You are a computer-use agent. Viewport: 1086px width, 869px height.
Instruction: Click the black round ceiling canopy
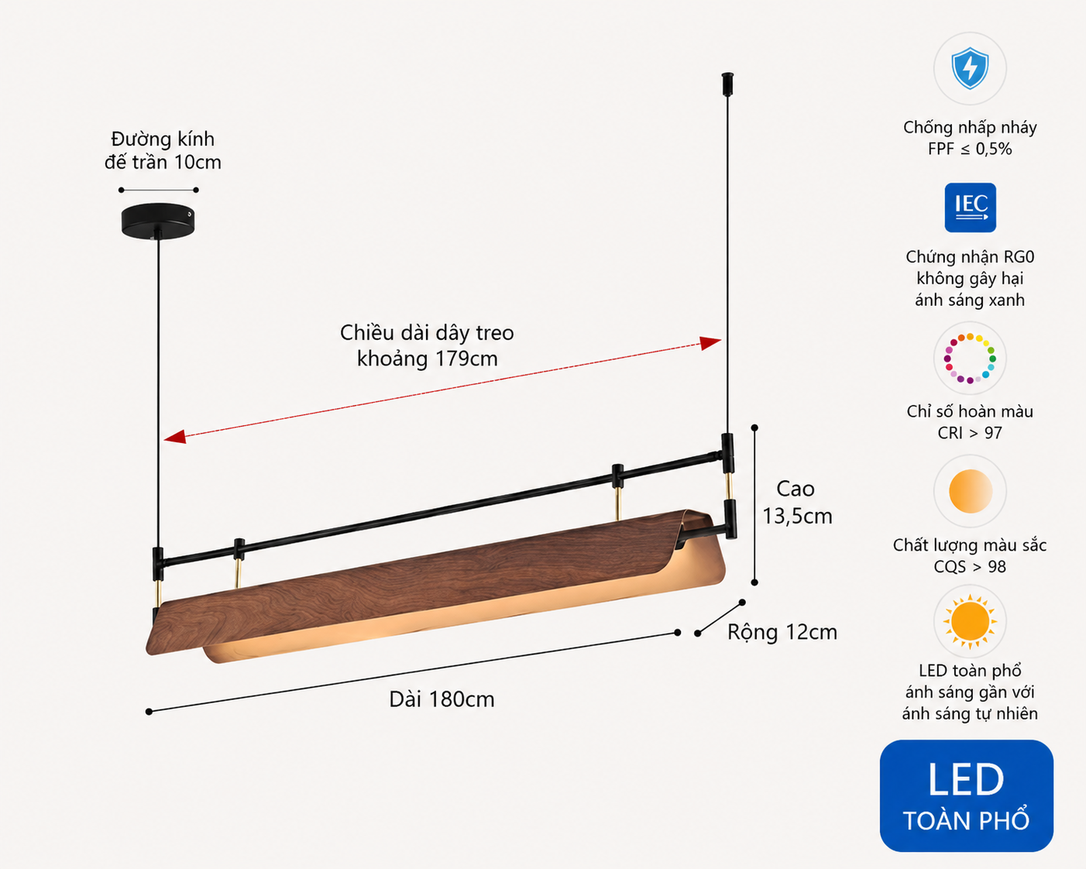[x=158, y=221]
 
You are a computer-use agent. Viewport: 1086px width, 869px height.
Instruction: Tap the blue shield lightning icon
[x=970, y=68]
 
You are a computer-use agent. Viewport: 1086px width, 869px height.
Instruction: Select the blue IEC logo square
[x=970, y=208]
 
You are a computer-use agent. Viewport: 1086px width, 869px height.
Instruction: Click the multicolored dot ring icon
[x=970, y=359]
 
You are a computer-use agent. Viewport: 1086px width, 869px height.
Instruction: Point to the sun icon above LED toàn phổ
[x=970, y=621]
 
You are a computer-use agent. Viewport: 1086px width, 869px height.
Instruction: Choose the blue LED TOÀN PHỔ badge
[x=967, y=796]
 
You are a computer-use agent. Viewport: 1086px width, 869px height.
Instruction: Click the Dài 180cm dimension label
[x=442, y=699]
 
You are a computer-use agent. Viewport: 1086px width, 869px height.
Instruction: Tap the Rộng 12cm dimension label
[x=782, y=632]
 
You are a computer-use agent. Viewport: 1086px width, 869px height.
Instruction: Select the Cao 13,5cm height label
[x=796, y=502]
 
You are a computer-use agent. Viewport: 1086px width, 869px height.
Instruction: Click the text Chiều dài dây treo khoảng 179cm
[x=427, y=345]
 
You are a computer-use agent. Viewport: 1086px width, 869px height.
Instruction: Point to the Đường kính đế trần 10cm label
[x=163, y=150]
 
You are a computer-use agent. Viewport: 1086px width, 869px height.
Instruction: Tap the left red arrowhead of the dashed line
[x=174, y=437]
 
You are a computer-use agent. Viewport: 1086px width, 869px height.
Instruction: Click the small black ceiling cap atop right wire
[x=727, y=84]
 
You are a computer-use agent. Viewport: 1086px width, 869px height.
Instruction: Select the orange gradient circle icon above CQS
[x=970, y=491]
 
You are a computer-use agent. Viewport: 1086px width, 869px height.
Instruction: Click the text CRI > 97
[x=970, y=433]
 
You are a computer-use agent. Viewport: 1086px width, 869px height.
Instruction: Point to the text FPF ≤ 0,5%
[x=970, y=149]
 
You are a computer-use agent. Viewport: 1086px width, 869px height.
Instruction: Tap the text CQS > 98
[x=970, y=567]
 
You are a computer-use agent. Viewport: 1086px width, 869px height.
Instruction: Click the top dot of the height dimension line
[x=754, y=428]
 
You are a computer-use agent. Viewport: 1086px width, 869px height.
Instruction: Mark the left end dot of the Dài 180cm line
[x=149, y=712]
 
